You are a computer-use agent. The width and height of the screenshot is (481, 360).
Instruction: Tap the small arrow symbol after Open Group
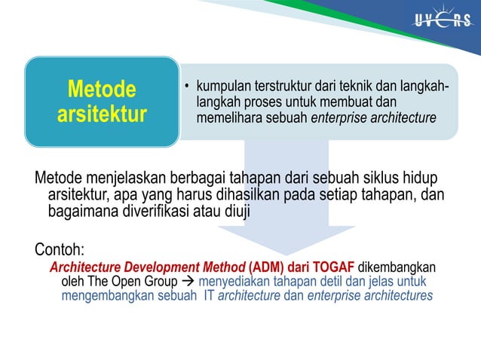pyautogui.click(x=188, y=282)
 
